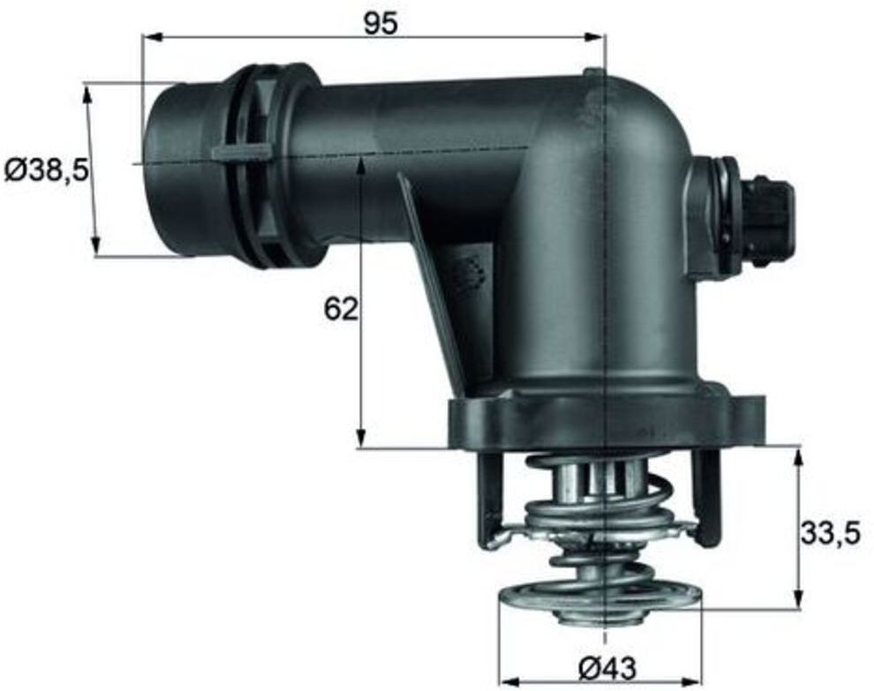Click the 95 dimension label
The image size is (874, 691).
(381, 24)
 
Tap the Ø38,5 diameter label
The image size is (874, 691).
(47, 170)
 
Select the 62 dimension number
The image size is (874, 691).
(341, 309)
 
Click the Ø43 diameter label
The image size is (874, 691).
(607, 668)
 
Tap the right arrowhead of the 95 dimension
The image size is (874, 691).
(594, 37)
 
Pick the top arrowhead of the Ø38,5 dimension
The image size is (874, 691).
(87, 94)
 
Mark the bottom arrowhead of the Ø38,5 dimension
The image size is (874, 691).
(96, 245)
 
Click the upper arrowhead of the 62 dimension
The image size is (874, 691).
(361, 167)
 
